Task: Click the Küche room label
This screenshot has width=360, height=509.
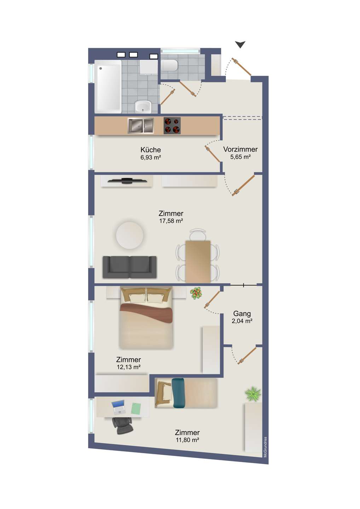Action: point(150,150)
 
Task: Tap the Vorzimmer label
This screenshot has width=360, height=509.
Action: point(240,149)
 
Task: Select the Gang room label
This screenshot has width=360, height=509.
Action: point(242,314)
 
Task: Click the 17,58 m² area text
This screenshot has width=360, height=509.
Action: point(171,221)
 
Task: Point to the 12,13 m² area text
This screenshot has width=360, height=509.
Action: point(128,367)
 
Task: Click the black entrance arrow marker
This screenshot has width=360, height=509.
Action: point(240,45)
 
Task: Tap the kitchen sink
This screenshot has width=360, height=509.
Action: point(140,126)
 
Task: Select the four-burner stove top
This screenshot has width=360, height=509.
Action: point(172,126)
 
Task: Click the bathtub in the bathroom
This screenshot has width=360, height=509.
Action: point(108,87)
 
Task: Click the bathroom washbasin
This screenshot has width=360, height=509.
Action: point(143,107)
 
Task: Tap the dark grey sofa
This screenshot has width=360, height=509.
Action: point(129,267)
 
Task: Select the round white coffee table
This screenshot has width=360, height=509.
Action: point(129,235)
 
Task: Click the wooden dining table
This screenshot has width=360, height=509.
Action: point(198,261)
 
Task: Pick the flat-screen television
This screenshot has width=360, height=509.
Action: point(127,181)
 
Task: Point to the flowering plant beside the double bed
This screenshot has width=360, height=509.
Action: point(196,293)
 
